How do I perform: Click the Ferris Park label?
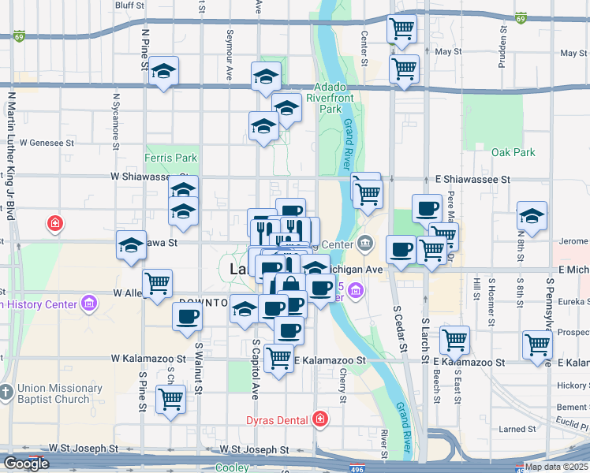pos(170,158)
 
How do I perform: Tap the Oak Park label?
pos(513,152)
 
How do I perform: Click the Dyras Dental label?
pos(276,419)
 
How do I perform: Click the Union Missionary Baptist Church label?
pos(59,393)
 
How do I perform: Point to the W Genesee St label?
pos(47,143)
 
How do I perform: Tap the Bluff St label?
pos(129,5)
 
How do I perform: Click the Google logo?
pos(26,464)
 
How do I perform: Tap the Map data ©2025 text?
pos(555,467)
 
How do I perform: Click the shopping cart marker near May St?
pos(403,69)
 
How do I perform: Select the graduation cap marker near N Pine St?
pos(163,73)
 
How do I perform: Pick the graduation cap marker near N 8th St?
pos(532,217)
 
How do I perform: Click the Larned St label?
pos(519,430)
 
